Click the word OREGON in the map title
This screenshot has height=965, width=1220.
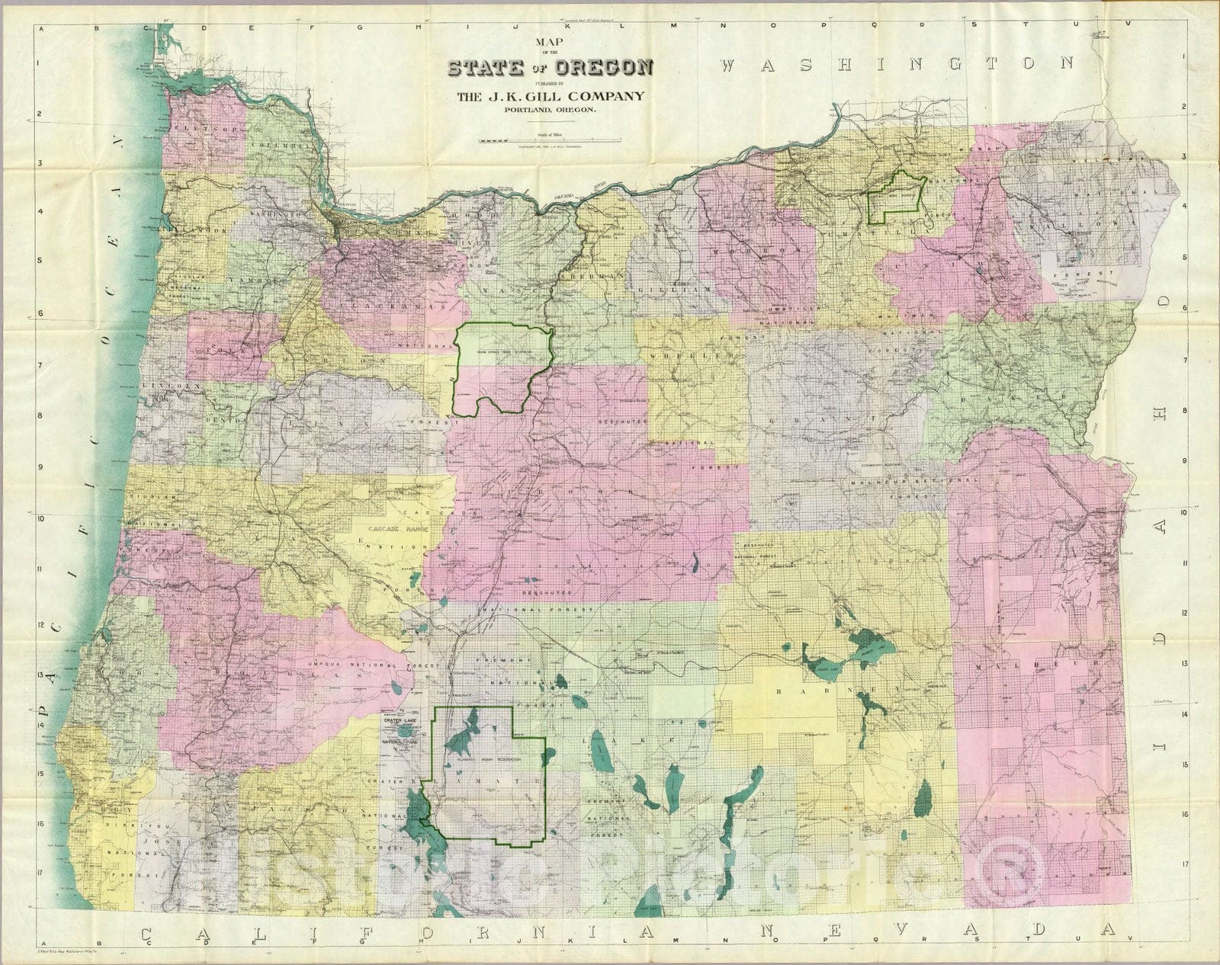click(x=615, y=69)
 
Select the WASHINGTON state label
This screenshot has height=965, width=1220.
click(x=897, y=64)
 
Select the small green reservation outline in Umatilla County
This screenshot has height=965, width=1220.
click(x=896, y=197)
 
